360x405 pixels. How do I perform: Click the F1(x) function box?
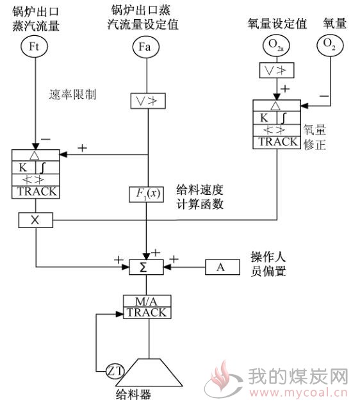click(x=146, y=194)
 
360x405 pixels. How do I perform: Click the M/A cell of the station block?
click(x=147, y=301)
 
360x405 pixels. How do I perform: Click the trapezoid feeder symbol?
click(x=149, y=372)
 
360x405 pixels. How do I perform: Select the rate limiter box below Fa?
click(x=148, y=101)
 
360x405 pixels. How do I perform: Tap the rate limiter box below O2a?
click(x=277, y=70)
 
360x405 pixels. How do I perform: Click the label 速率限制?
click(x=72, y=95)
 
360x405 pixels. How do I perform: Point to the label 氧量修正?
click(x=315, y=137)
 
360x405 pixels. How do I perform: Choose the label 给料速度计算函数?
click(x=200, y=197)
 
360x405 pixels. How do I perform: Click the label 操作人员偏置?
click(x=268, y=264)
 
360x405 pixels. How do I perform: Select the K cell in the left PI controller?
click(x=23, y=168)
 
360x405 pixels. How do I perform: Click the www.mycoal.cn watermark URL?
click(x=299, y=393)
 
